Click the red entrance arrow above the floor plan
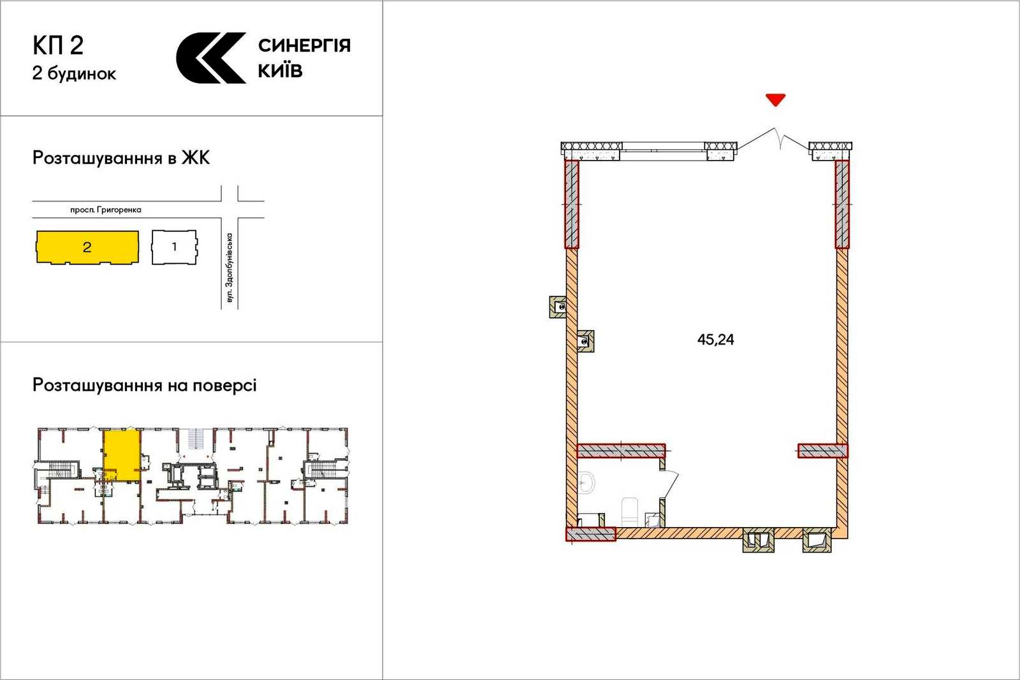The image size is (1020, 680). click(775, 99)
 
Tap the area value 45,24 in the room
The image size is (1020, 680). click(715, 340)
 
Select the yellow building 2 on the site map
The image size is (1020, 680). click(87, 247)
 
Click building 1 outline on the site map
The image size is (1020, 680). click(175, 247)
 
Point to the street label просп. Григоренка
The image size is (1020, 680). click(106, 210)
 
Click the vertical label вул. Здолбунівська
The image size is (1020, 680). click(229, 268)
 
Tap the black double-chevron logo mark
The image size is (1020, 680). click(211, 58)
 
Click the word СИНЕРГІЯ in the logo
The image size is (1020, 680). click(304, 45)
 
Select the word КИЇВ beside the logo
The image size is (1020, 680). click(280, 70)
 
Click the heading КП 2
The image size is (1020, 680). click(58, 45)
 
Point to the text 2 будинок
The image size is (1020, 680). click(74, 73)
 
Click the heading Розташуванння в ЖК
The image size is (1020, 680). click(121, 158)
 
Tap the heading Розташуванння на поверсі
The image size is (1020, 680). click(144, 385)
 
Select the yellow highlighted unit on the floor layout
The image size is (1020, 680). click(121, 455)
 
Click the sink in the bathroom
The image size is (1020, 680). click(586, 483)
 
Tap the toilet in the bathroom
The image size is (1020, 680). click(630, 512)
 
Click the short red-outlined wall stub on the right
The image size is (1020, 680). click(823, 451)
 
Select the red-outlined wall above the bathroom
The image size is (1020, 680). click(621, 451)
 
